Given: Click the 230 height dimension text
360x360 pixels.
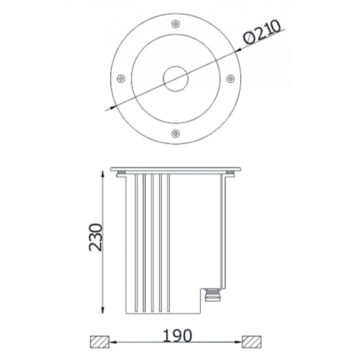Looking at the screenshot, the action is [96, 237].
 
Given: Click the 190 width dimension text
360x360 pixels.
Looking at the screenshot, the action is [177, 336].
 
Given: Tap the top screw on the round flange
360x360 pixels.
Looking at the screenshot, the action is [176, 24].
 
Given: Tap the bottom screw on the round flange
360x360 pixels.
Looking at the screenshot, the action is [176, 133].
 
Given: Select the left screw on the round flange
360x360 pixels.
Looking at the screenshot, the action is [121, 79].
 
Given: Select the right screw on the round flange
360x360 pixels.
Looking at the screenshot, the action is [230, 79].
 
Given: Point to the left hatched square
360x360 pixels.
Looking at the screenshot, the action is [99, 342].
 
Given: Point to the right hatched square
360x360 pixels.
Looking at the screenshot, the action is [252, 342].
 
